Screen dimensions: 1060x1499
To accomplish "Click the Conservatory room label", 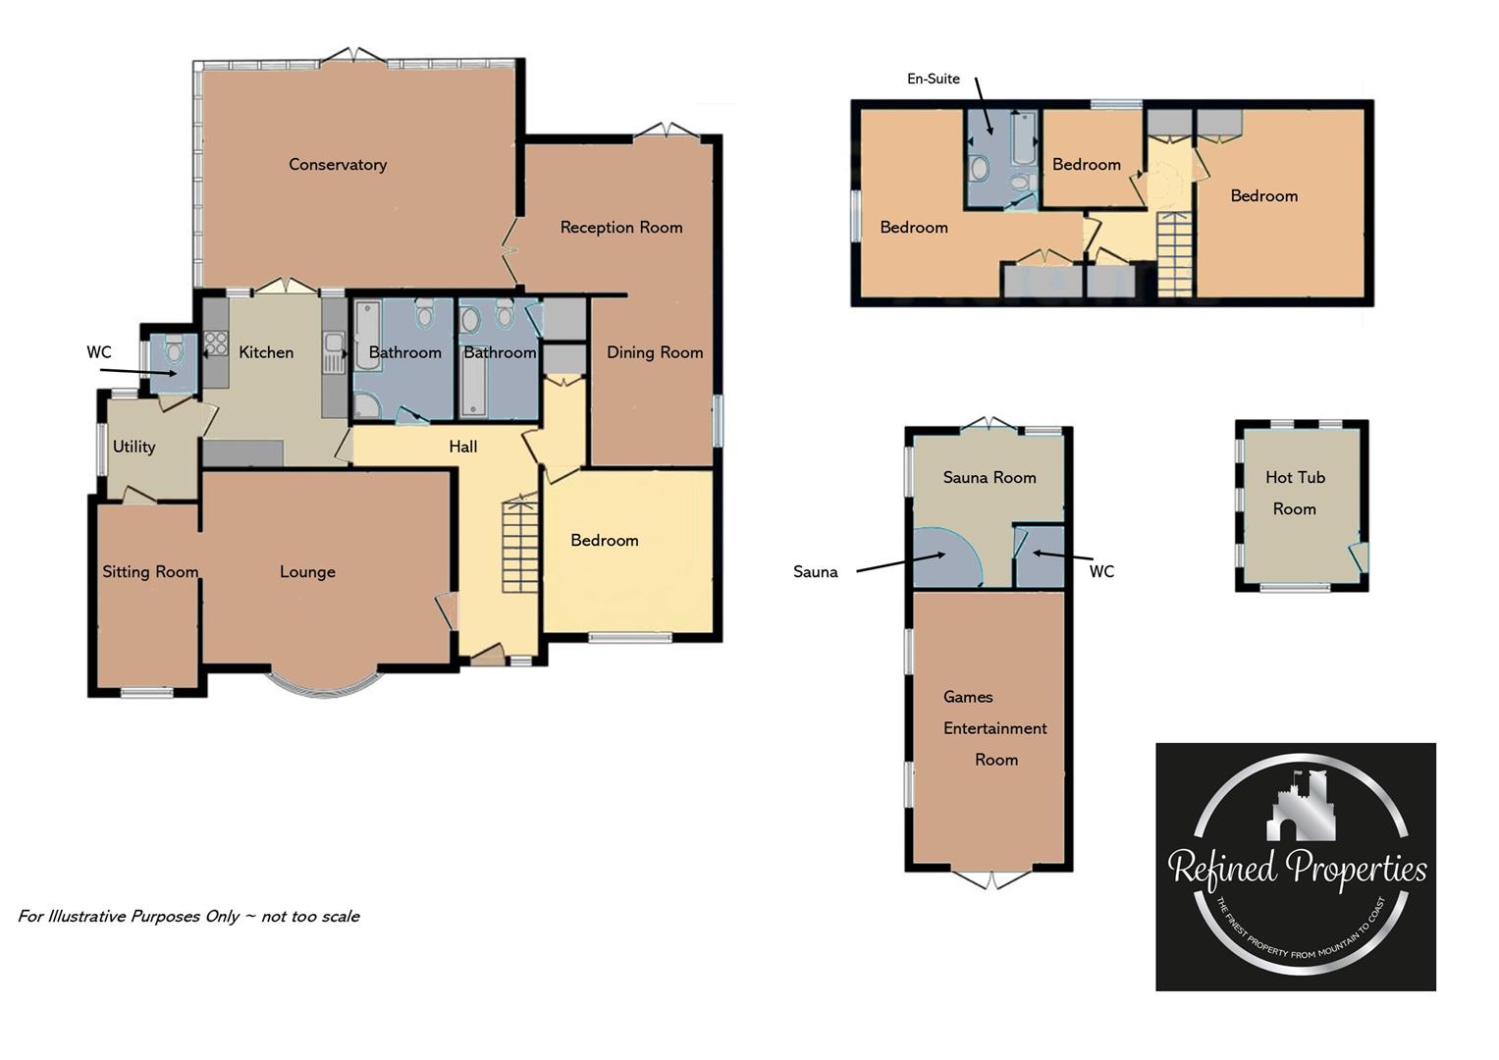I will click(337, 165).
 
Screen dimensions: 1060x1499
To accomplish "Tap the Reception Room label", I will click(620, 228).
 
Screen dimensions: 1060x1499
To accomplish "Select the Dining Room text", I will click(654, 352).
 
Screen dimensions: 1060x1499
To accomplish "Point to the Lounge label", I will click(307, 572).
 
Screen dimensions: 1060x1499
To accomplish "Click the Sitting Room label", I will click(150, 572).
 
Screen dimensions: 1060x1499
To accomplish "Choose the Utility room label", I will click(134, 447).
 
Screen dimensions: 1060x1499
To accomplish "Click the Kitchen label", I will click(266, 352).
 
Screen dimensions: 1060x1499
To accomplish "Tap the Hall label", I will click(462, 447).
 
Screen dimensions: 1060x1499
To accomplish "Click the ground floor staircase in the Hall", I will click(520, 545).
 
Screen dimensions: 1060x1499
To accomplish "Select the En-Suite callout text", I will click(933, 79).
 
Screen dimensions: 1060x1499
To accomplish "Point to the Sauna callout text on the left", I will click(815, 572).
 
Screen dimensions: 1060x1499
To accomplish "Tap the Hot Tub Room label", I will click(1295, 493).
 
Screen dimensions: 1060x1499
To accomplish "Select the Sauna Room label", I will click(989, 478).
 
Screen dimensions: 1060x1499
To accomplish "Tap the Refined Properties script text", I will click(1296, 870).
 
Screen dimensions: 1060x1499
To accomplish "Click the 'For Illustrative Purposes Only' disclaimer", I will click(188, 917).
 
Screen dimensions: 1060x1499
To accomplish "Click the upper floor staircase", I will click(1173, 254).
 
